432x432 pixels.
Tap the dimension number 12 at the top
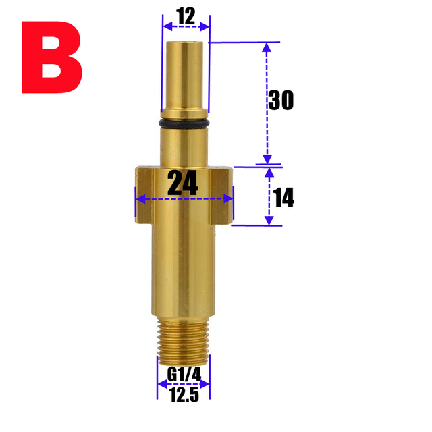pyautogui.click(x=186, y=16)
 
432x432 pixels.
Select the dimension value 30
pyautogui.click(x=281, y=101)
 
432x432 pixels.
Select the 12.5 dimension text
pyautogui.click(x=184, y=396)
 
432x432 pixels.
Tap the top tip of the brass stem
pyautogui.click(x=184, y=46)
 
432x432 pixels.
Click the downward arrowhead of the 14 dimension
pyautogui.click(x=269, y=221)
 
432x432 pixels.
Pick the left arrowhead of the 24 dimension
pyautogui.click(x=140, y=200)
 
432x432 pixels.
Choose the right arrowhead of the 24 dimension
pyautogui.click(x=229, y=200)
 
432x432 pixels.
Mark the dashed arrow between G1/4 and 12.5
pyautogui.click(x=184, y=383)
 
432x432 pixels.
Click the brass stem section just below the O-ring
pyautogui.click(x=184, y=145)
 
